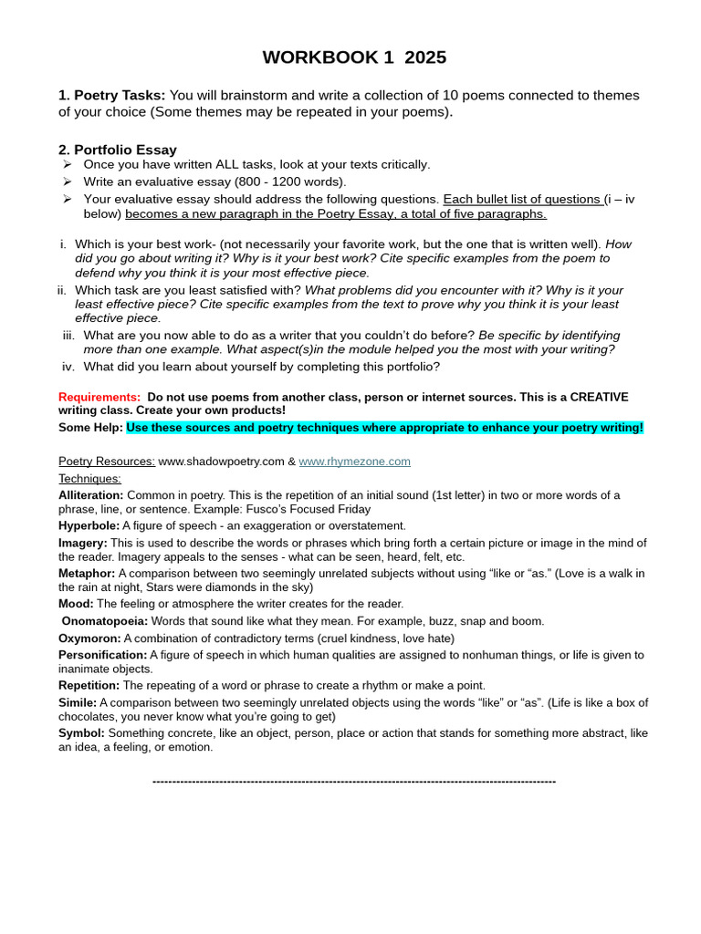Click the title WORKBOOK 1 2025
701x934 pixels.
[x=354, y=57]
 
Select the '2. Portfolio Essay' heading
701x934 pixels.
[x=118, y=150]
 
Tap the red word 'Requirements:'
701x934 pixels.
[x=99, y=397]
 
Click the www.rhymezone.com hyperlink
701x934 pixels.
[x=354, y=462]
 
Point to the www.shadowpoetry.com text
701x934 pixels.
[x=221, y=462]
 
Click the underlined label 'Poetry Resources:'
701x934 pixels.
[x=107, y=462]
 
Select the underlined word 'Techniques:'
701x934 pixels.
[x=89, y=478]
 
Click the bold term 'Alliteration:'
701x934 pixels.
[x=91, y=495]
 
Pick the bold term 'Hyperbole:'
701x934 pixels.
[x=89, y=525]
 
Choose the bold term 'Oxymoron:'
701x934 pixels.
[x=89, y=638]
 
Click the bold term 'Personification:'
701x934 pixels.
[x=102, y=655]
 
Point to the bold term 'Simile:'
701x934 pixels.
[x=78, y=702]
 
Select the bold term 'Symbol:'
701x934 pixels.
[x=81, y=732]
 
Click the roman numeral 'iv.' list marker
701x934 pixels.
[x=68, y=367]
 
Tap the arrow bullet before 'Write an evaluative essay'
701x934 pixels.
[x=67, y=182]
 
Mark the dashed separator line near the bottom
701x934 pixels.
[x=354, y=782]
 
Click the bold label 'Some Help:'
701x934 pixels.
[x=90, y=428]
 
